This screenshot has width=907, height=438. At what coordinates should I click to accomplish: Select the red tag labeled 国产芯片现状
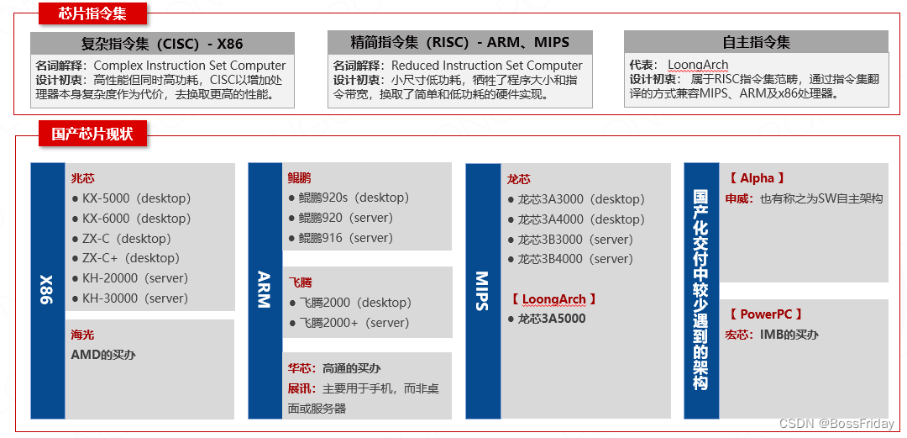coord(92,134)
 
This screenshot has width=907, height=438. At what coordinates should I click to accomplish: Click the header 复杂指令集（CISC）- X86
coord(162,42)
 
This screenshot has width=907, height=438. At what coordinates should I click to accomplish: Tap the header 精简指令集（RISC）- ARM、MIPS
coord(459,42)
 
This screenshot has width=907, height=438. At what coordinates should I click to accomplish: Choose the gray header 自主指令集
coord(756,42)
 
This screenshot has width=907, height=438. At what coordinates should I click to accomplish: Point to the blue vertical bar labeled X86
coord(47,290)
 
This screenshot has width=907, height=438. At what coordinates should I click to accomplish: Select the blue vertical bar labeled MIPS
coord(482,290)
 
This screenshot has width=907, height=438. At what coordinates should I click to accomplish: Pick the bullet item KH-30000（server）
coord(134,298)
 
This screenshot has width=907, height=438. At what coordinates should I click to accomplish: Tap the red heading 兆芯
coord(83,178)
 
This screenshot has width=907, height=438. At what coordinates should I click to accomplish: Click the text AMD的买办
coord(103,355)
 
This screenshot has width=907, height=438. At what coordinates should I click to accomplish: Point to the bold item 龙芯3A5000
coord(551,319)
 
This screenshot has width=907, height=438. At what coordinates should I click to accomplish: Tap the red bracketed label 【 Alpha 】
coord(757,178)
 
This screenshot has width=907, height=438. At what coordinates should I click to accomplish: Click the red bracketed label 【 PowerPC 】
coord(766,314)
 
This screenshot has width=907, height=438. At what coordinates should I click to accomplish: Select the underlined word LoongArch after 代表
coord(698,65)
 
